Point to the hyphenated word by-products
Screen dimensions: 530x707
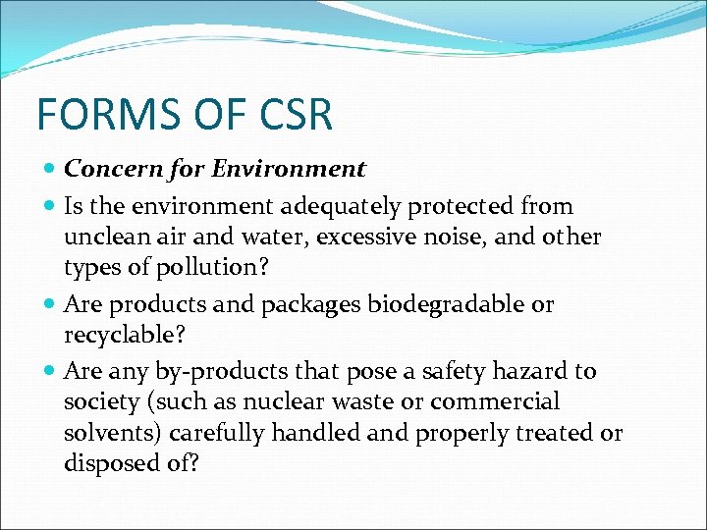pos(208,371)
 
